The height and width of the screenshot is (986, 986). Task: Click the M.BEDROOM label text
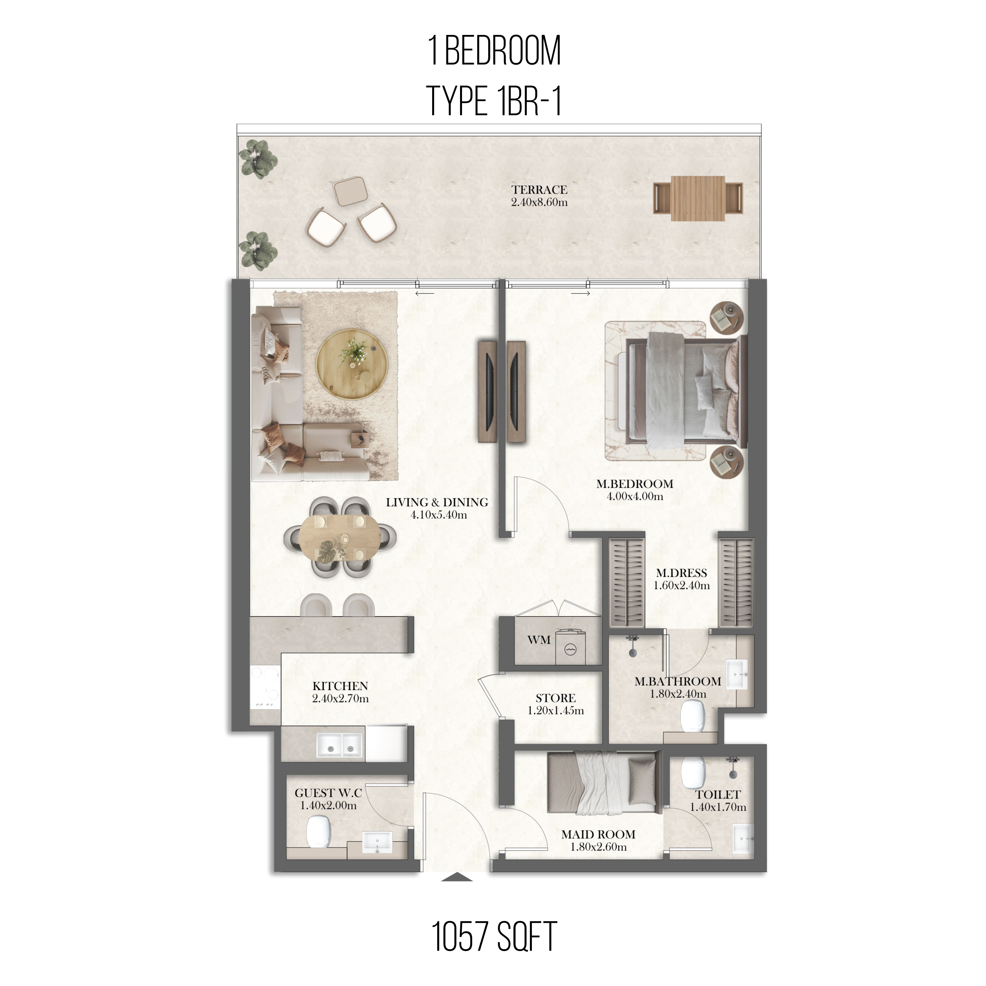(635, 484)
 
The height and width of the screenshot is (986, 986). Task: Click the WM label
(539, 640)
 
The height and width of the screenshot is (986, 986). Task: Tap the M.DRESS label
(681, 573)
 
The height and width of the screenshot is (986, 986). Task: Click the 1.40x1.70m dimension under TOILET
(718, 807)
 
